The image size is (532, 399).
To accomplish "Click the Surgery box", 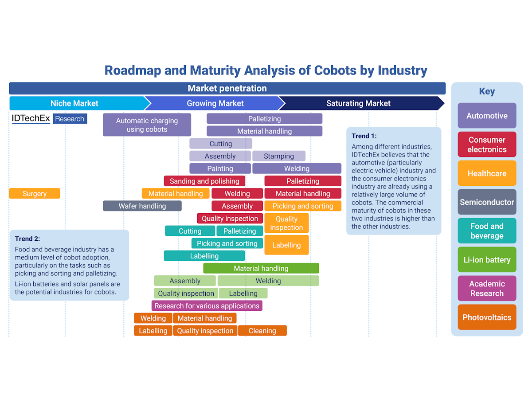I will [x=35, y=194].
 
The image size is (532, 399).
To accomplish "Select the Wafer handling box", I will [x=142, y=206].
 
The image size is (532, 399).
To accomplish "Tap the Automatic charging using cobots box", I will [x=147, y=125].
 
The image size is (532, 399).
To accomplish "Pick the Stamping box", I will [x=279, y=156].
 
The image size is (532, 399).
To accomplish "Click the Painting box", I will [x=220, y=168].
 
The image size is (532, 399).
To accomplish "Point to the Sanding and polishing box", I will [x=204, y=181].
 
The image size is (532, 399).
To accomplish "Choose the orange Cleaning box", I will [x=262, y=331].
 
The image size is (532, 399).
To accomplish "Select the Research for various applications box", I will [x=207, y=306].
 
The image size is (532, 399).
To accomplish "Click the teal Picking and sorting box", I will [x=227, y=243].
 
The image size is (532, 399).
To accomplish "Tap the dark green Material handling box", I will [x=261, y=268].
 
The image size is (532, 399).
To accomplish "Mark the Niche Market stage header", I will [x=74, y=103].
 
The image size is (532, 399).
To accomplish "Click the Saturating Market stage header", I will [x=358, y=103].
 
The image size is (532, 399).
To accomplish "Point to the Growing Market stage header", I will [x=215, y=103].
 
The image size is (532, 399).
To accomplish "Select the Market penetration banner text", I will [x=227, y=88].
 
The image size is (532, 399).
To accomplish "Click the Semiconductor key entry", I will [x=487, y=202].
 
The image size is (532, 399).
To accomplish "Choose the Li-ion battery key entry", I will [x=487, y=260].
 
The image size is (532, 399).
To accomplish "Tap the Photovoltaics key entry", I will [x=487, y=317].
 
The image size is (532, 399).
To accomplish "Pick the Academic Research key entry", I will [x=487, y=289].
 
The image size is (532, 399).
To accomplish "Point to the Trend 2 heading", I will [x=25, y=239].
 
